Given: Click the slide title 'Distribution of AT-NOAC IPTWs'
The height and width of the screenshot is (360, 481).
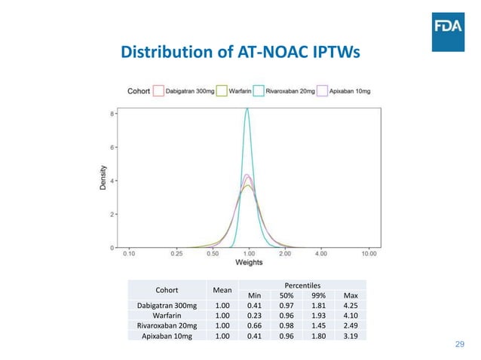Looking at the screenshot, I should [x=240, y=53].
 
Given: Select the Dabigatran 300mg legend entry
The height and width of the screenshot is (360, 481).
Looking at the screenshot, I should [x=185, y=90].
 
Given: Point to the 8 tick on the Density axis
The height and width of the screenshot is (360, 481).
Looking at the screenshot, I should [x=113, y=114].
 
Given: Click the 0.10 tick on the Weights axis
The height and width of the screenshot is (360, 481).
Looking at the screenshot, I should [x=130, y=254].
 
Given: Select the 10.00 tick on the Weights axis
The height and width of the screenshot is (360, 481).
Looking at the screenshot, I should [x=368, y=254].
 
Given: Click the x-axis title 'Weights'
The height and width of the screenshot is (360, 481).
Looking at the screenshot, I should [x=249, y=264].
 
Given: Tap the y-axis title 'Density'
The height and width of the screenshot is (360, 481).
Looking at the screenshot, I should [x=105, y=181].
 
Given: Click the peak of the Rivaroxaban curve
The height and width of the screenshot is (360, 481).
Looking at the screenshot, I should [x=247, y=109].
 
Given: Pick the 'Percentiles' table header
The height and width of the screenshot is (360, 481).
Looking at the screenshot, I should [x=302, y=285].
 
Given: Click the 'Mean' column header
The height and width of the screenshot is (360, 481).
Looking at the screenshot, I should [x=222, y=289].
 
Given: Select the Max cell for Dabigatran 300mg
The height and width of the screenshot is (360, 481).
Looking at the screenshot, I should [x=351, y=305].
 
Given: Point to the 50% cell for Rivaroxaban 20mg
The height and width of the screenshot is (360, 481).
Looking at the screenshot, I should [x=286, y=325].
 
